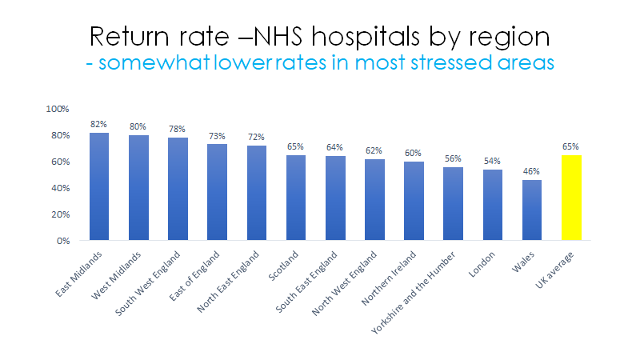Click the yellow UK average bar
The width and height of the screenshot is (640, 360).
pos(571,198)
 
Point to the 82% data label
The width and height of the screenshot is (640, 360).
pos(99,125)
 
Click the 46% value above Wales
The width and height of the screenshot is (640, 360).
pos(532,172)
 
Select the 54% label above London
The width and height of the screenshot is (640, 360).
pos(493,162)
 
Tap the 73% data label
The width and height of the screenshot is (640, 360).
pos(217,137)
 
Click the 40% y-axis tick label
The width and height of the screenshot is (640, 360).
pos(60,188)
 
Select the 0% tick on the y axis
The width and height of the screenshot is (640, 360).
pos(63,241)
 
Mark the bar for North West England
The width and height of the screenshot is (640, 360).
pos(374,200)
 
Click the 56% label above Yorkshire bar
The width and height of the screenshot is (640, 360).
pos(454,159)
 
